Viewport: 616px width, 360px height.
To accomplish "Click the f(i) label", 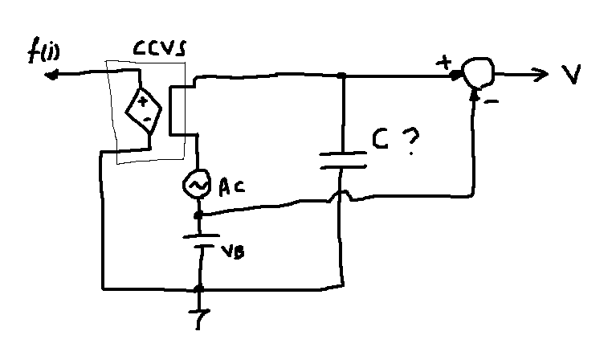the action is (x=43, y=51).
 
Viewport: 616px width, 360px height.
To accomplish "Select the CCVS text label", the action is (x=160, y=49).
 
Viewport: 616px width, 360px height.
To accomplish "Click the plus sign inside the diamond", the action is (x=142, y=102).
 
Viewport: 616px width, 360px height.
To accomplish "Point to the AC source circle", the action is (x=196, y=184).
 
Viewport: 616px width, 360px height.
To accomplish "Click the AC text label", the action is (x=231, y=186).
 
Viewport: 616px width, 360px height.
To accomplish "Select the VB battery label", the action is (x=233, y=252).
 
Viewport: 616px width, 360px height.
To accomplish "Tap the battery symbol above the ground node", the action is (x=201, y=241).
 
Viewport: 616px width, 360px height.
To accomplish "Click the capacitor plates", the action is (x=344, y=160).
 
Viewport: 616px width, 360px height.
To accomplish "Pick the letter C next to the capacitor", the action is (x=381, y=139).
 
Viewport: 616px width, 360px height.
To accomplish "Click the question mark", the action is (x=410, y=141).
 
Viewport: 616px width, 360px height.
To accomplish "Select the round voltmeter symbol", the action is (x=478, y=72).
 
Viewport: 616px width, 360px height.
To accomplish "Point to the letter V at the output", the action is (x=571, y=73).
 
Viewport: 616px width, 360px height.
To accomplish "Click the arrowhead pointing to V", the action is (x=541, y=74).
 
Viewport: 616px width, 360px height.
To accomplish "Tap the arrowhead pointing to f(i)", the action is (x=51, y=75).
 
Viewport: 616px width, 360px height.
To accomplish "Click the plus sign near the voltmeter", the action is (x=444, y=63).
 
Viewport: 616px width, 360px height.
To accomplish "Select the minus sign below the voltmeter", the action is (x=492, y=102).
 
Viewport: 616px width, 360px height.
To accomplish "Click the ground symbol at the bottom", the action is (x=199, y=317).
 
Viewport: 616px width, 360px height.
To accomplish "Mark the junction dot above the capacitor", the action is (x=342, y=75).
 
